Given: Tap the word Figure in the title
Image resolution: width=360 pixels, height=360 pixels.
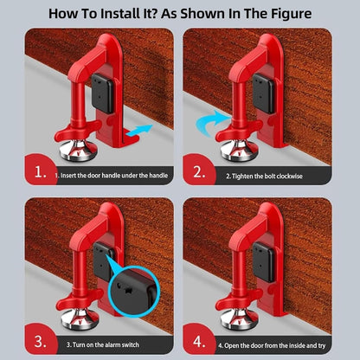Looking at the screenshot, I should pyautogui.click(x=286, y=15).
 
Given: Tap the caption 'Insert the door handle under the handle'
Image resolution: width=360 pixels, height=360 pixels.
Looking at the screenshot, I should pyautogui.click(x=113, y=176).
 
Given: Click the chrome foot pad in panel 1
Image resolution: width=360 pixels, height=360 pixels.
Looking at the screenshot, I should pyautogui.click(x=78, y=152).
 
